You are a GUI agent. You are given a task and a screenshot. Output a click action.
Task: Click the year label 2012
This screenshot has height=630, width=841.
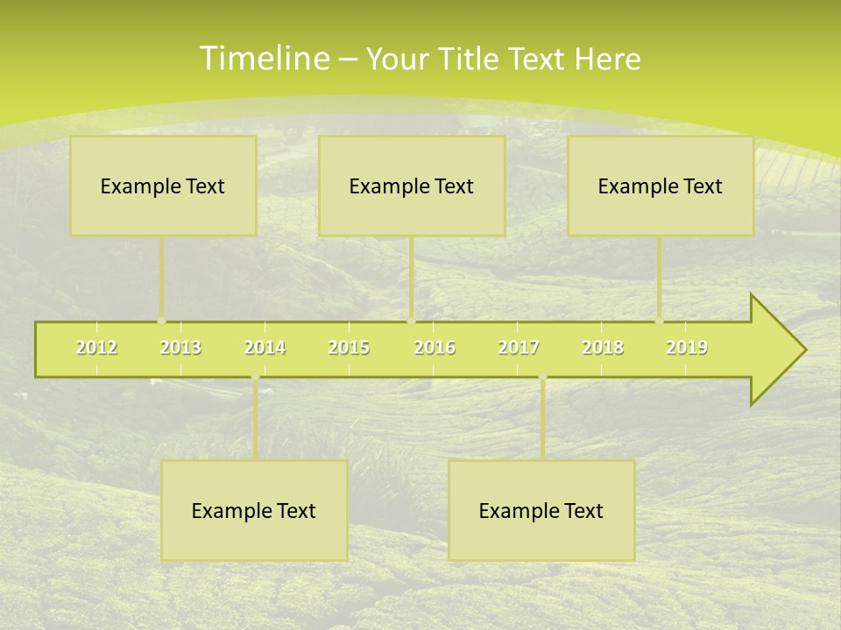click(x=96, y=348)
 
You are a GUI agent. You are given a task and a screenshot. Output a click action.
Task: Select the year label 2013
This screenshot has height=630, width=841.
click(x=180, y=348)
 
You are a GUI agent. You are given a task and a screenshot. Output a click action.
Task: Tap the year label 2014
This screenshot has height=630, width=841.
click(x=265, y=348)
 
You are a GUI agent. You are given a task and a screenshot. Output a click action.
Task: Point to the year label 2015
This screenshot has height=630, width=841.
click(x=349, y=348)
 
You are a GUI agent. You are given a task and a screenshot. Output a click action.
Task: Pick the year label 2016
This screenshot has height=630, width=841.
click(x=435, y=348)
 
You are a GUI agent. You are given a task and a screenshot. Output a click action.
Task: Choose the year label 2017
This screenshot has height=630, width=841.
click(x=519, y=348)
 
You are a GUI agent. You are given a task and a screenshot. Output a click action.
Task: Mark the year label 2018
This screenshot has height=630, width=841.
click(x=603, y=348)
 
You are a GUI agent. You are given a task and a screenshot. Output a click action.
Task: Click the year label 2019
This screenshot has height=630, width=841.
click(x=687, y=348)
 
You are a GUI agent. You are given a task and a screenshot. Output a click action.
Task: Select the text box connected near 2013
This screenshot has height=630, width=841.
click(x=163, y=185)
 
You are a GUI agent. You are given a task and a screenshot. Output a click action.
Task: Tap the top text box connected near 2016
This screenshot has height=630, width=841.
click(x=412, y=185)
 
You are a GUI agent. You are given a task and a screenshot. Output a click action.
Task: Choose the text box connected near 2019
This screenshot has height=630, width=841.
click(x=661, y=185)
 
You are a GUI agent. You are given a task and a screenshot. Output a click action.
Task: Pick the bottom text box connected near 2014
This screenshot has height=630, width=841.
click(x=254, y=510)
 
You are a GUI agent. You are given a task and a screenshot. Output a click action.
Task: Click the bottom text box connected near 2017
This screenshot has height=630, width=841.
click(x=541, y=510)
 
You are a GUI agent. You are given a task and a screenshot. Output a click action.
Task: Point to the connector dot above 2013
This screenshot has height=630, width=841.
click(x=161, y=320)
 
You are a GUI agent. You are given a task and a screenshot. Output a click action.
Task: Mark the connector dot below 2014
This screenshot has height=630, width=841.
click(x=255, y=377)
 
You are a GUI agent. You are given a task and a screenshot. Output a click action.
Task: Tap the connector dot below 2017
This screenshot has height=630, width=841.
click(x=542, y=377)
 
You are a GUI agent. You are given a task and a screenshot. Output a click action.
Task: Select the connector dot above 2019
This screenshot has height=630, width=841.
click(x=659, y=320)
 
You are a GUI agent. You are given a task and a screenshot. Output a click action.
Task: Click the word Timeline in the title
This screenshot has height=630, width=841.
click(x=264, y=58)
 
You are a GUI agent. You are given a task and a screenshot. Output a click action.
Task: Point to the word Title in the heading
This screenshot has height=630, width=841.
click(x=472, y=59)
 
